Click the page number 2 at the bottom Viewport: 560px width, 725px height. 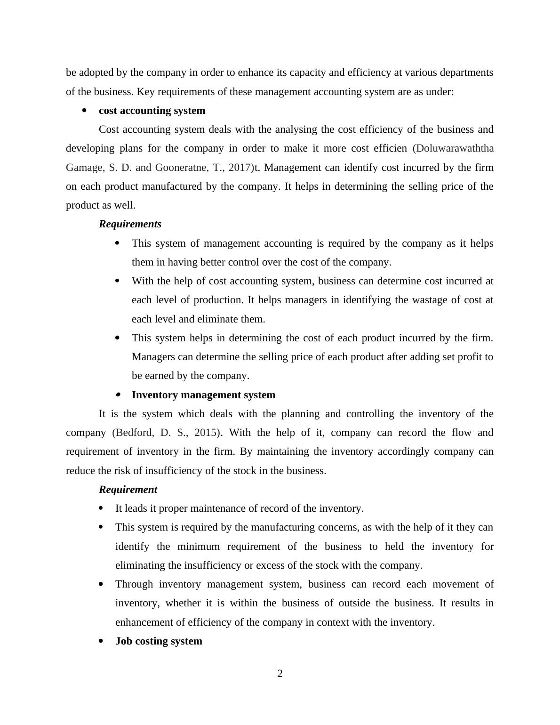pos(280,674)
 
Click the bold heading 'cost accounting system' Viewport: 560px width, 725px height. pos(152,111)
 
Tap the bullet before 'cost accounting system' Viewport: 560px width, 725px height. pos(85,111)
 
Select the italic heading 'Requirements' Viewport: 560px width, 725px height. pos(130,224)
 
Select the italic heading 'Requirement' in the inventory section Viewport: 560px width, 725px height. pos(128,490)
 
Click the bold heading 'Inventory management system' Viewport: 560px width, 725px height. pos(203,395)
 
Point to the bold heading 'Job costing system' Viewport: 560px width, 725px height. pos(159,641)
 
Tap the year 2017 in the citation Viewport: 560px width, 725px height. pos(239,168)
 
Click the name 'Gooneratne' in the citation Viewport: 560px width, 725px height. pos(181,168)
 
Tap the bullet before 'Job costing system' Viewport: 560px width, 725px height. pos(101,641)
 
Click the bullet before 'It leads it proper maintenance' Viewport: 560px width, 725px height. pos(101,508)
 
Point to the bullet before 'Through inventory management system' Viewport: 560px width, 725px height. pos(101,584)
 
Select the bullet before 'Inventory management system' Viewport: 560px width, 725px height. pos(118,395)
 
